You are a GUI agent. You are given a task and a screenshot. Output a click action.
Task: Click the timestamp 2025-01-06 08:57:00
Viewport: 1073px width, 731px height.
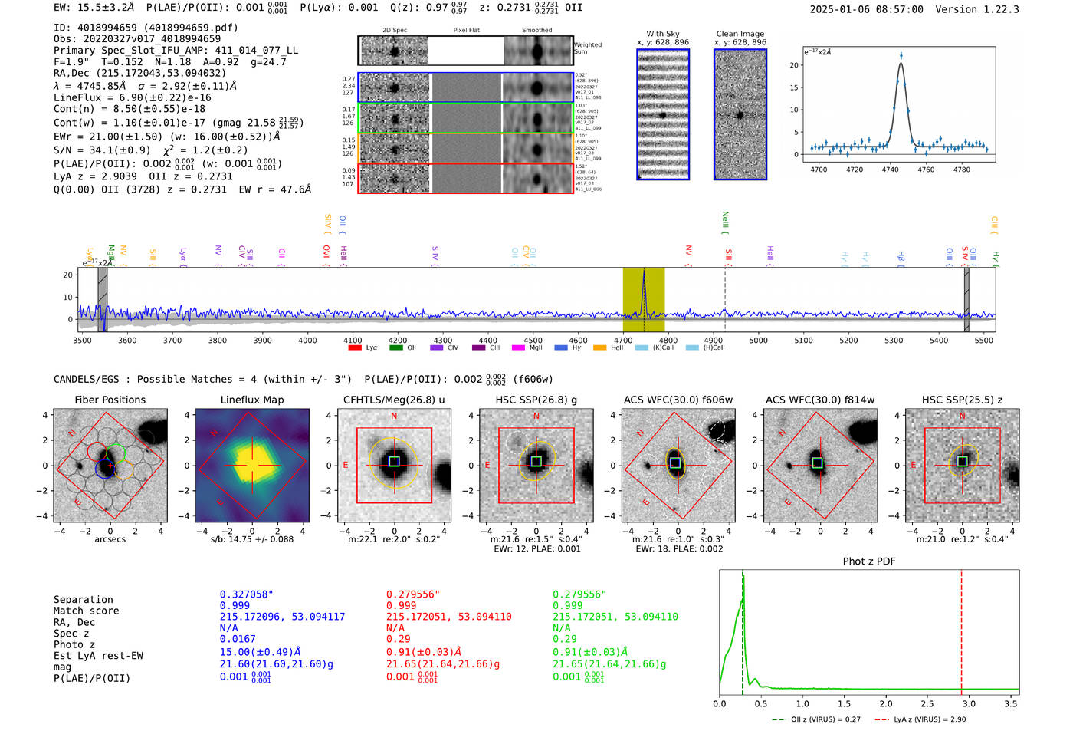(866, 9)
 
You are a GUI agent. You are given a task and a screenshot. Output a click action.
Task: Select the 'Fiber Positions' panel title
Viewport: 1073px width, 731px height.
(110, 400)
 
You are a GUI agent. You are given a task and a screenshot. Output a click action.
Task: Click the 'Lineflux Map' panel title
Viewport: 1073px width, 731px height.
(251, 400)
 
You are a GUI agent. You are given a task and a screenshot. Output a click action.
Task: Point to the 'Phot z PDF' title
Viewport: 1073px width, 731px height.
(869, 561)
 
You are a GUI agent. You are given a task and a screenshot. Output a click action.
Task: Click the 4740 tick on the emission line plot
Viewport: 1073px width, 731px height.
(890, 170)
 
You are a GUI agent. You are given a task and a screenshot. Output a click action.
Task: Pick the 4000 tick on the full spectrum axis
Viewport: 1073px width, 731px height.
(307, 341)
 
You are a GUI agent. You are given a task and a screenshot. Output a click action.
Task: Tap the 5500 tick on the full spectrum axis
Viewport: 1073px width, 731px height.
(984, 341)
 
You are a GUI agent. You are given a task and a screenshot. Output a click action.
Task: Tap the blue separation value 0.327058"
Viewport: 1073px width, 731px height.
(246, 594)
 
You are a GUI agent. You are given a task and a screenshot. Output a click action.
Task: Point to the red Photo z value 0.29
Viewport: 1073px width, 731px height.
(398, 639)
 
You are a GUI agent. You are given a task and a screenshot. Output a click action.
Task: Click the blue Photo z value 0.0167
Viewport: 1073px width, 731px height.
(238, 639)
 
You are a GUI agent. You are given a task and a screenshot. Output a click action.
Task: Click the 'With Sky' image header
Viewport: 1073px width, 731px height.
(662, 34)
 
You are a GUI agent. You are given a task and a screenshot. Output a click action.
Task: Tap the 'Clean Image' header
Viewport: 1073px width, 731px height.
(740, 34)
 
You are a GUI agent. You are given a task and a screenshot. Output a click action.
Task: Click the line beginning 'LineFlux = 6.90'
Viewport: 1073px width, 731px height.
(132, 97)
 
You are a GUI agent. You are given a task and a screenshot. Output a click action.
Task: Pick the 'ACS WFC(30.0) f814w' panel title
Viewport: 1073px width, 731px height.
(819, 400)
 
